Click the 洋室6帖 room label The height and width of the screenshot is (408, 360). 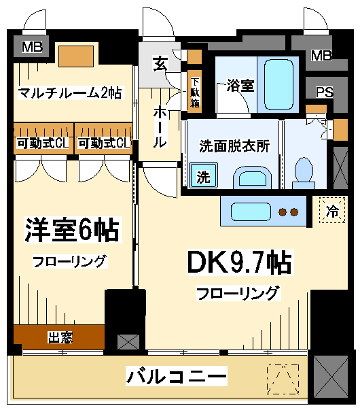click(73, 230)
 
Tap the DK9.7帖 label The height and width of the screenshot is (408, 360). click(240, 262)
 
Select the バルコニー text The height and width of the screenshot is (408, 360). click(177, 376)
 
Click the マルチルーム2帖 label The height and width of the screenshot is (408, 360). click(70, 92)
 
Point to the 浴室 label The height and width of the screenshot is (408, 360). click(240, 85)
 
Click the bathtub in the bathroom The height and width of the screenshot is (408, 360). click(278, 85)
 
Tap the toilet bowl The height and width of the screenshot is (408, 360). click(304, 173)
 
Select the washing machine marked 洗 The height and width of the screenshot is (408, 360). click(203, 175)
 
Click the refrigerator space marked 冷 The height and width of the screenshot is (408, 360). click(332, 210)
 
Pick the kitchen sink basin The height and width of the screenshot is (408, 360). click(251, 211)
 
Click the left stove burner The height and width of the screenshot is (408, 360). click(283, 212)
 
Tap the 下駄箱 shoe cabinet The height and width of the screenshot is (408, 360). click(195, 92)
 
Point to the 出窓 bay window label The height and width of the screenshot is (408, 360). click(60, 337)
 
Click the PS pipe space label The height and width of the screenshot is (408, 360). click(325, 92)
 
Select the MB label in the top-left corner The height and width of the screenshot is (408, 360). click(32, 47)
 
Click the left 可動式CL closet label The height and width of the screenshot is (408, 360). click(43, 143)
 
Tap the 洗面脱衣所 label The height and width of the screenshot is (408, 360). click(234, 146)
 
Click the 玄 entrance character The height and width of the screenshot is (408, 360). click(160, 63)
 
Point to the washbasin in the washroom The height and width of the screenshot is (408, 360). click(253, 177)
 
